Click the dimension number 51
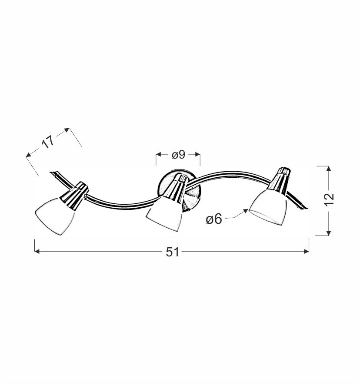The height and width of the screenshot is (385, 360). tap(173, 252)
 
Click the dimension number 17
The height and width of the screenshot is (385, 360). tap(48, 142)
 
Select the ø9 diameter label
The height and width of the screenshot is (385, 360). tap(178, 155)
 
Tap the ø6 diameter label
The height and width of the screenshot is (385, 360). tap(214, 219)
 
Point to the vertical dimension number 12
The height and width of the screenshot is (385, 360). tap(330, 199)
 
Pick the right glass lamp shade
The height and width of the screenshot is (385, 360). tap(268, 207)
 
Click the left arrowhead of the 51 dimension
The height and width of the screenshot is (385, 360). tap(37, 251)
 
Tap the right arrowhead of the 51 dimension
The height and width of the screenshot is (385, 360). tap(307, 251)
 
